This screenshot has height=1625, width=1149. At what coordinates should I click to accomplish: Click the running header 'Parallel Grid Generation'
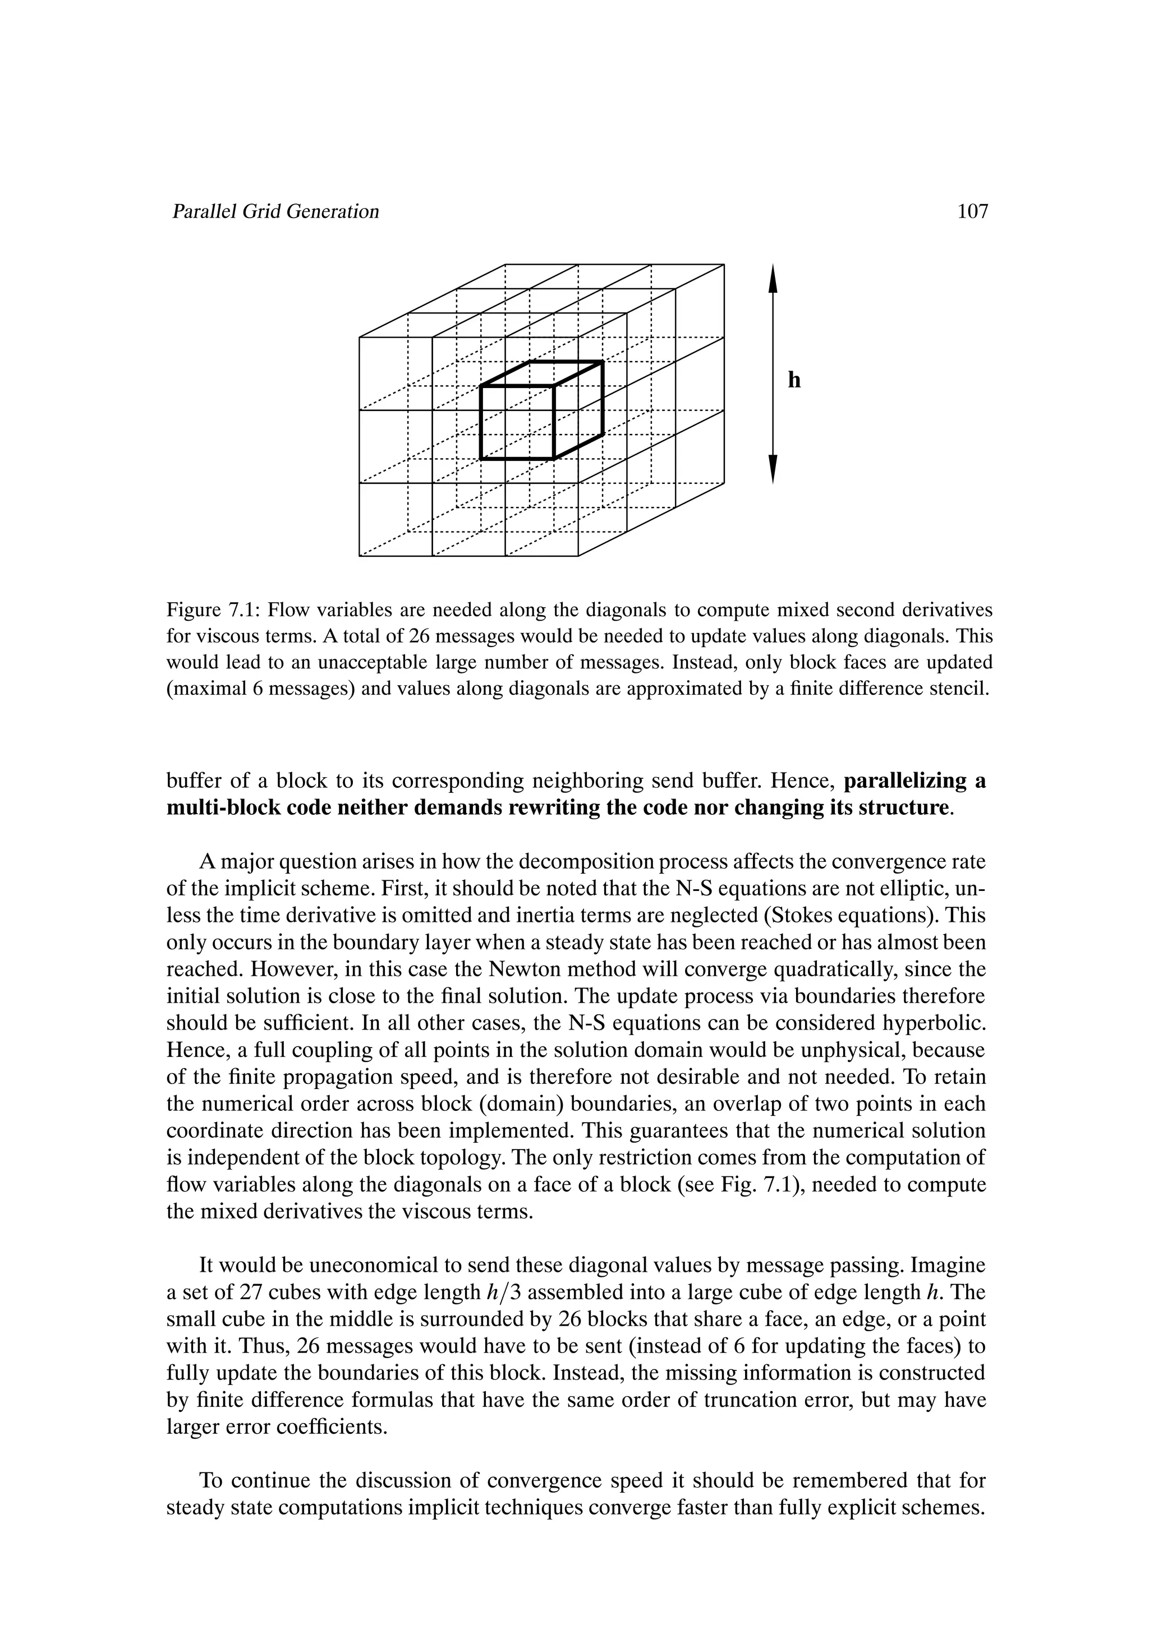tap(275, 211)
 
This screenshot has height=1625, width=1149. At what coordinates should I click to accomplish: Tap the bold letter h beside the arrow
tap(794, 381)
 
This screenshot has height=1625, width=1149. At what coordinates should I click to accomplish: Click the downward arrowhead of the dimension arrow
tap(773, 469)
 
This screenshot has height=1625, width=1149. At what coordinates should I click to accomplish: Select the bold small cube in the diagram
tap(541, 410)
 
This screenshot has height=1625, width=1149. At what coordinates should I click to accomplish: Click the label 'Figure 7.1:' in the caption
tap(213, 610)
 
